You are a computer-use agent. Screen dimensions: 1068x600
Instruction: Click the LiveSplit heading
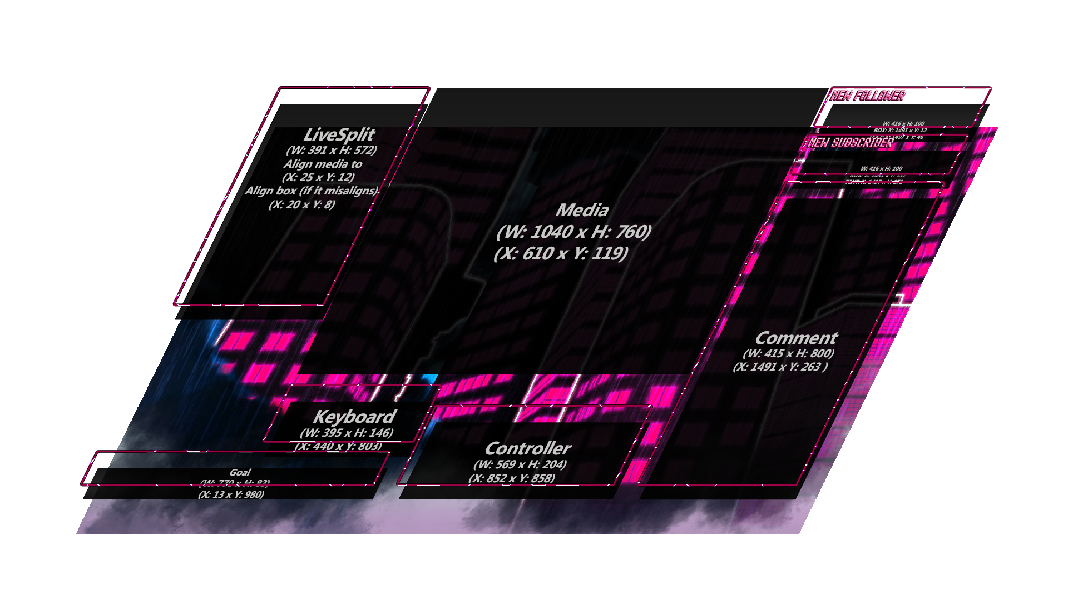click(x=339, y=135)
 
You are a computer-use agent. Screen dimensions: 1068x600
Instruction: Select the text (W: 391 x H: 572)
click(x=332, y=150)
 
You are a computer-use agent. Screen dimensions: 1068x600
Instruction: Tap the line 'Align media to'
click(x=323, y=164)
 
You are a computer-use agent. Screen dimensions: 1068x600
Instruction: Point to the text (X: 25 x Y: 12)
click(x=318, y=177)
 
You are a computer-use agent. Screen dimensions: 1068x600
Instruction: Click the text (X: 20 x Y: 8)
click(x=302, y=204)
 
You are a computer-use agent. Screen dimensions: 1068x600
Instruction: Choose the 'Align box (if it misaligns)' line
click(x=311, y=191)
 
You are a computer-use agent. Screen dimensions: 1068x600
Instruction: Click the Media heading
click(x=582, y=210)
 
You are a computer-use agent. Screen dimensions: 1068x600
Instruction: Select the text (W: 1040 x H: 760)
click(x=573, y=232)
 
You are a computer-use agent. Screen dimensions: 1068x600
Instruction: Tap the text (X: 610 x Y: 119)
click(x=561, y=253)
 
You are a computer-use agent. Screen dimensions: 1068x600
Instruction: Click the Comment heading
click(x=796, y=338)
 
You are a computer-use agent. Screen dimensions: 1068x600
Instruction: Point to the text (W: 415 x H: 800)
click(x=788, y=353)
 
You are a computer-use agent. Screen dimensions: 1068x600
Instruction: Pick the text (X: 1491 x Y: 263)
click(x=780, y=367)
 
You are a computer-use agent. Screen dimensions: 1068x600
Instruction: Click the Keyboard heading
click(x=354, y=417)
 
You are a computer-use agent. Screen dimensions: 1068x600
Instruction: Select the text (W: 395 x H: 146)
click(x=347, y=433)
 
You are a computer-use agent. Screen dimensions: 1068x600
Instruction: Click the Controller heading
click(x=528, y=448)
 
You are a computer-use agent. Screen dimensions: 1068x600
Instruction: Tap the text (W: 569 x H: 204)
click(x=520, y=464)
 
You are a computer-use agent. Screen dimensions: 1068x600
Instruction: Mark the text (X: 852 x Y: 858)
click(x=512, y=478)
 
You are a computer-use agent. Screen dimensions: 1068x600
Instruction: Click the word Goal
click(x=240, y=472)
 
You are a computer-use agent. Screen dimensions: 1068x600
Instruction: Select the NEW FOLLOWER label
click(x=868, y=96)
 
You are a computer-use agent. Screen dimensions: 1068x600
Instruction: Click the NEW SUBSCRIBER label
click(x=851, y=143)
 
